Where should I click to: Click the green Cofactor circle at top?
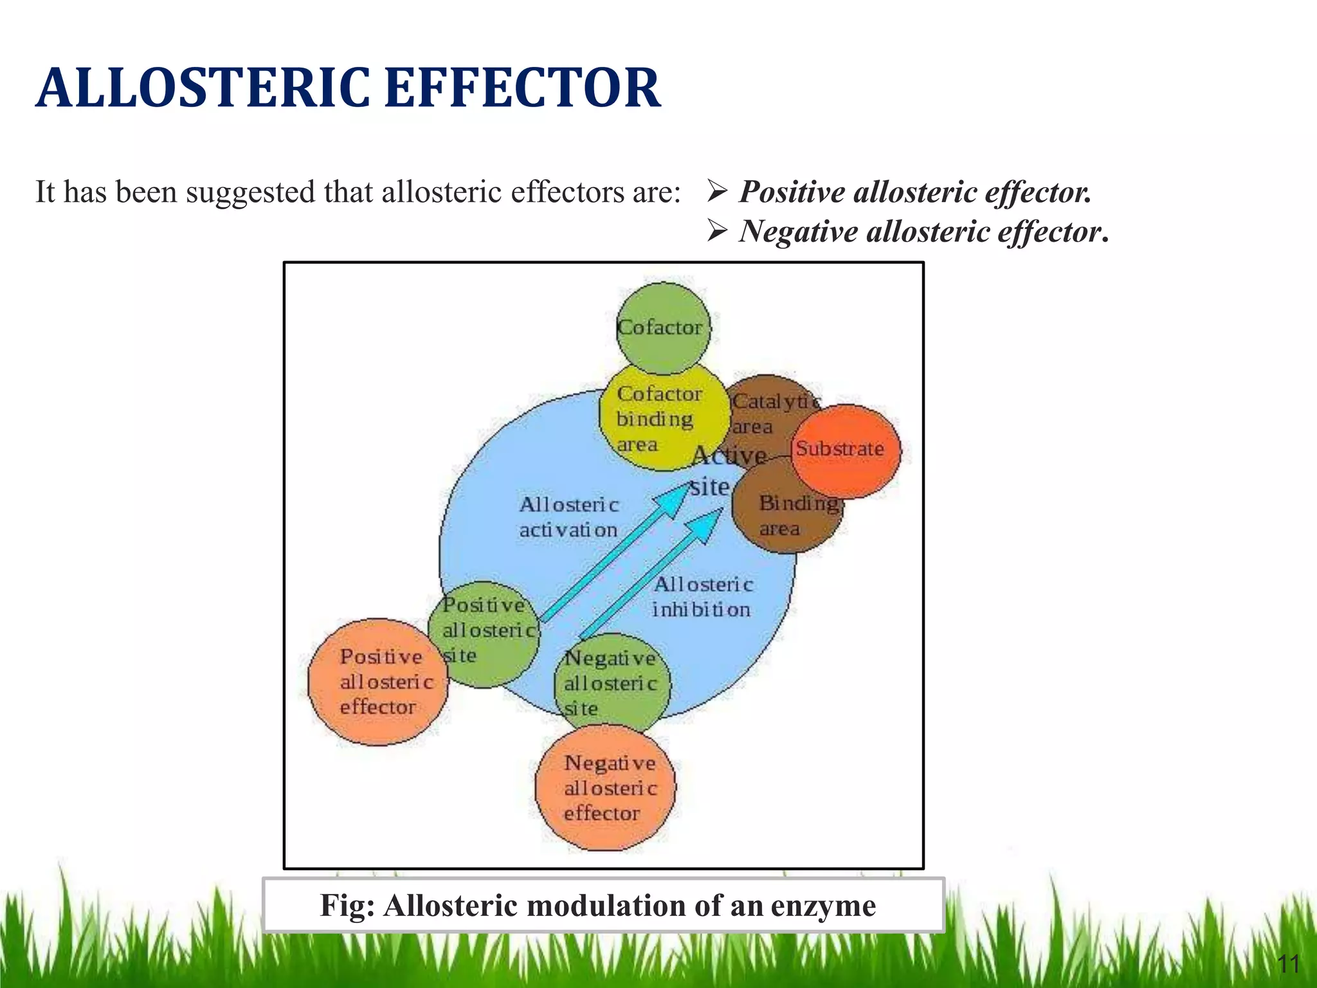[663, 328]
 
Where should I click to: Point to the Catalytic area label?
[772, 413]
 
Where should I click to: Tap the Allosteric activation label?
[568, 517]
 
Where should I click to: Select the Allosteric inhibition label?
[702, 597]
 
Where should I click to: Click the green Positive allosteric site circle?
[486, 634]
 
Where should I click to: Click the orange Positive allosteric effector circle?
[378, 682]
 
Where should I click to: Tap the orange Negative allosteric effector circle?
[604, 788]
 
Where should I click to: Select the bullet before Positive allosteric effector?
[716, 192]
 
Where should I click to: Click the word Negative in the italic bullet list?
[797, 232]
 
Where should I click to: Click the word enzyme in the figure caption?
[823, 906]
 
